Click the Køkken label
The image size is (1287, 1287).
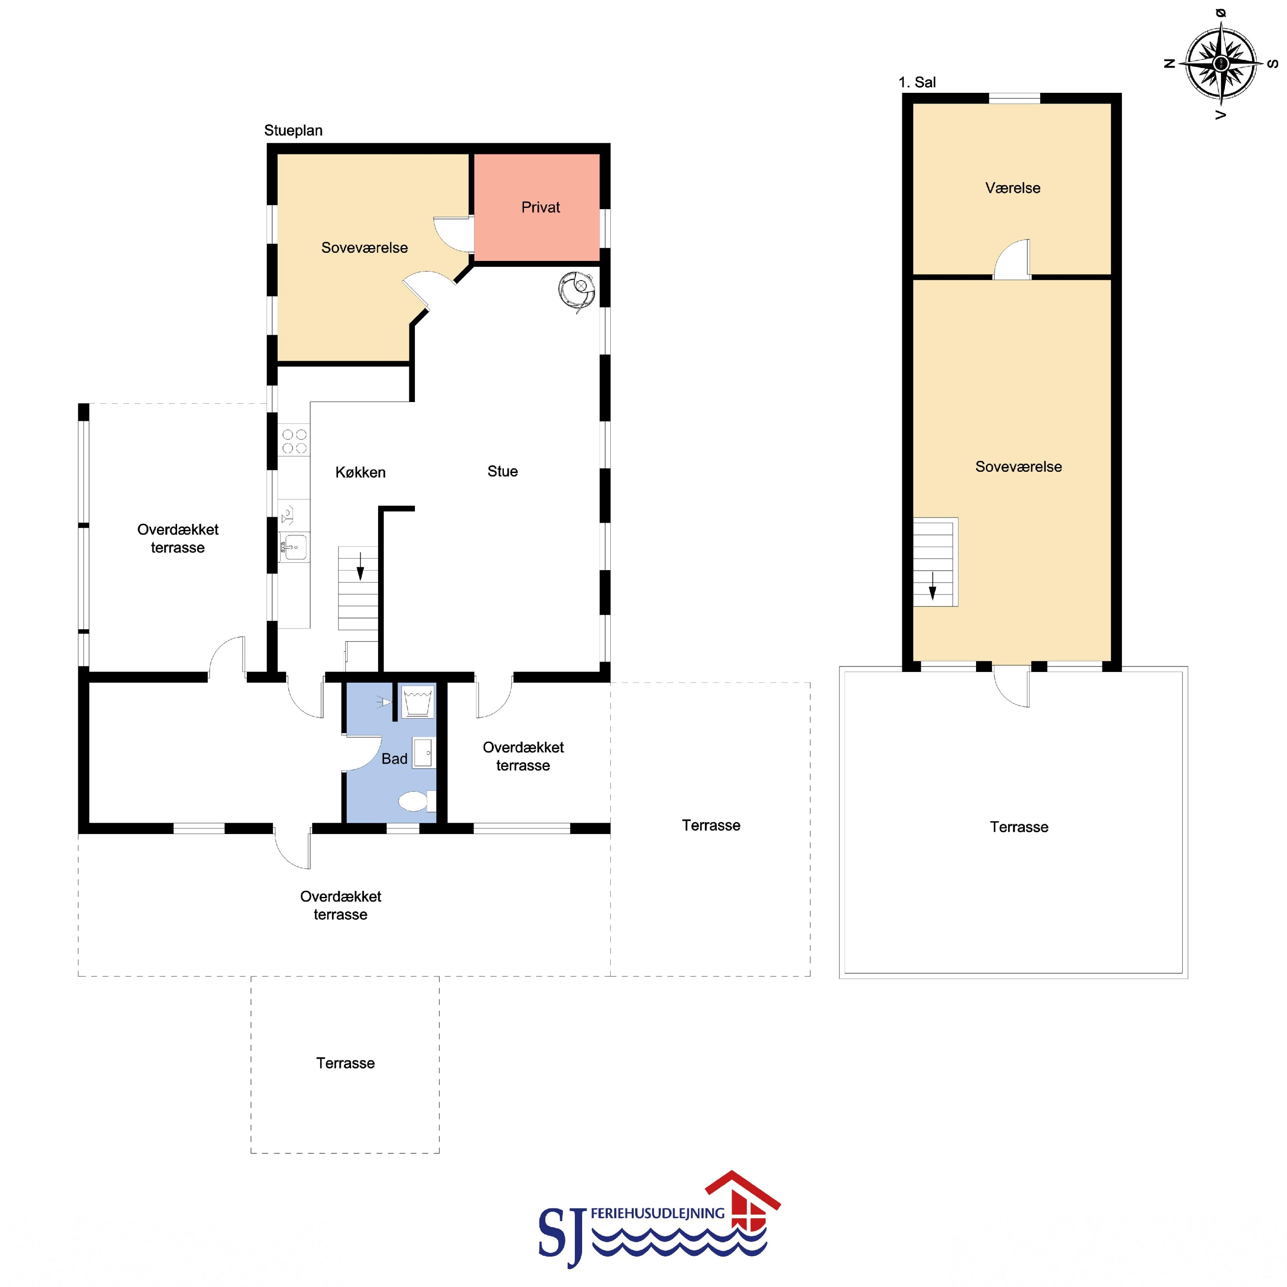(x=361, y=472)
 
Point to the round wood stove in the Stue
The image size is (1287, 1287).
(x=576, y=291)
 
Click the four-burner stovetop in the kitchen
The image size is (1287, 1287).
(x=294, y=441)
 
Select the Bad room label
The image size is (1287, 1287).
(x=394, y=759)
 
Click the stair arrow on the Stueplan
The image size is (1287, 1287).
(x=361, y=566)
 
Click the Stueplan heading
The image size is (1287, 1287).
(x=293, y=130)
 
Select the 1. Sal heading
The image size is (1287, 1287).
(x=917, y=82)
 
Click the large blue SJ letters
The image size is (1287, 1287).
(x=563, y=1236)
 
